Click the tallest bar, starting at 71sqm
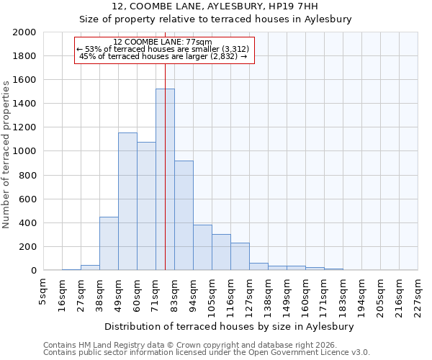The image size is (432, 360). pos(165,179)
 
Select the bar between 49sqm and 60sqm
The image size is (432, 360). pos(127,202)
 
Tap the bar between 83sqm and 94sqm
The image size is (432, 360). pos(184,215)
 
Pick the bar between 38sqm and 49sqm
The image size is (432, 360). pos(109,243)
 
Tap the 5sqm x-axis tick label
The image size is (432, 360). pos(43,292)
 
